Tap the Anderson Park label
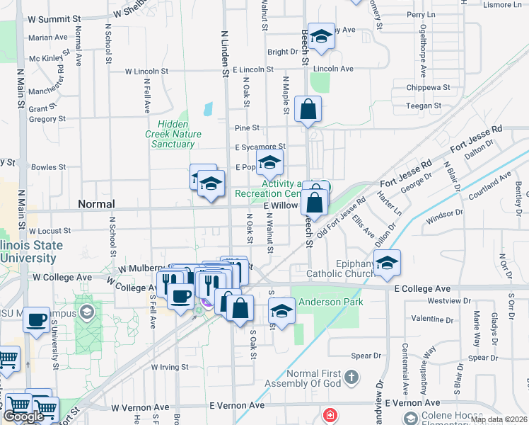(x=330, y=302)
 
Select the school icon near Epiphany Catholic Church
(x=387, y=263)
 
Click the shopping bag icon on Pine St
(x=308, y=110)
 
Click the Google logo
(x=23, y=416)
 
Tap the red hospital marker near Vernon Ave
(x=330, y=415)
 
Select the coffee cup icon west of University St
(x=37, y=319)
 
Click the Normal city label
(x=95, y=204)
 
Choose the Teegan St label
(x=424, y=106)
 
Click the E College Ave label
(x=422, y=289)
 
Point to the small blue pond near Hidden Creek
(x=208, y=110)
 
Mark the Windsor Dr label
(x=444, y=212)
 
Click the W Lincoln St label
(x=146, y=72)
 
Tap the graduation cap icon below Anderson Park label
(x=281, y=312)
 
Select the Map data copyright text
(x=499, y=419)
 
